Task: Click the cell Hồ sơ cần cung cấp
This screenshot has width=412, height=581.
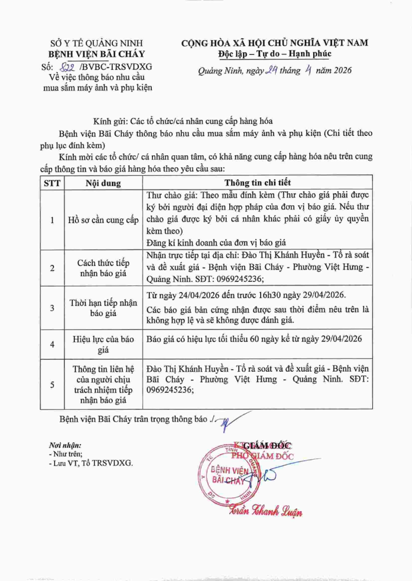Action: click(x=103, y=220)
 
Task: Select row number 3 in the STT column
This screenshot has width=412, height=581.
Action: click(x=51, y=307)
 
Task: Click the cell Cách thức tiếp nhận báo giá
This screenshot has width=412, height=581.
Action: click(x=103, y=268)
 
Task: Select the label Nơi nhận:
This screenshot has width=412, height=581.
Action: click(x=65, y=445)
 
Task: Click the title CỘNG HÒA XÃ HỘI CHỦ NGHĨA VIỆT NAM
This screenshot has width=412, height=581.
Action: click(x=274, y=43)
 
